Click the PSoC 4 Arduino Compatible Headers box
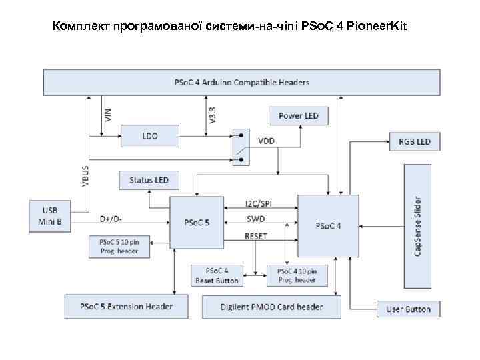point(241,83)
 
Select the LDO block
point(150,135)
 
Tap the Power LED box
point(298,115)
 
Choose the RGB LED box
point(415,141)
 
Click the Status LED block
point(149,180)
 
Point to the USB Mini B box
point(50,215)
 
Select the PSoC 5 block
point(197,222)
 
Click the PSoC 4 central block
point(328,225)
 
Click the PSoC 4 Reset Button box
point(217,275)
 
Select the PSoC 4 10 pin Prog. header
point(297,275)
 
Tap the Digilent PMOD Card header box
point(271,307)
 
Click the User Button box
point(409,309)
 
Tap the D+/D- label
point(111,218)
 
